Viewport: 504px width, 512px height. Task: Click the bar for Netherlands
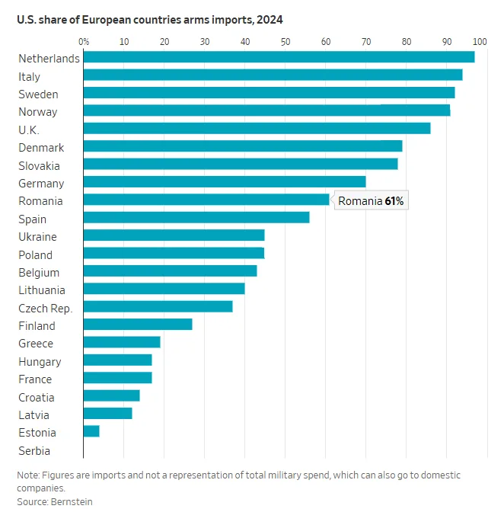[x=279, y=57]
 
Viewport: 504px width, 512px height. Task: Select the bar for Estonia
[x=91, y=431]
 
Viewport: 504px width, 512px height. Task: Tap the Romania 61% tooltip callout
[x=371, y=200]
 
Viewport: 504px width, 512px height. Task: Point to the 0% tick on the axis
[x=84, y=41]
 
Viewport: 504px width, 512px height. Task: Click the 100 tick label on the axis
[x=480, y=41]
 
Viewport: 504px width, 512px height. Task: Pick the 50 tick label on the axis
[x=285, y=41]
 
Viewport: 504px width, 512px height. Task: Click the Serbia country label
[x=34, y=450]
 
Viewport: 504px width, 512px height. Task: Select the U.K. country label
[x=29, y=130]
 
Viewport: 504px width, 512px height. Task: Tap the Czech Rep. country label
[x=46, y=308]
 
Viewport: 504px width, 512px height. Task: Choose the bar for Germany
[x=225, y=181]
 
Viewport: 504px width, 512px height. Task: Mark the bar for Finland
[x=138, y=325]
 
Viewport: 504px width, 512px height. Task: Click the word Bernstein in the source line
[x=72, y=501]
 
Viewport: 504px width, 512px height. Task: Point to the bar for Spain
[x=196, y=217]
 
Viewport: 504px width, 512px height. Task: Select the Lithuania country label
[x=42, y=290]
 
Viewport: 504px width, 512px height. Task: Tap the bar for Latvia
[x=108, y=414]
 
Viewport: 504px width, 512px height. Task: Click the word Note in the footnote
[x=30, y=475]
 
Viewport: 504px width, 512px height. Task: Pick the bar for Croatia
[x=112, y=395]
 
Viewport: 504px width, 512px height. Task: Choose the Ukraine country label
[x=37, y=237]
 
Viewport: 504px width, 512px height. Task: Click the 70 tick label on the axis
[x=366, y=41]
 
